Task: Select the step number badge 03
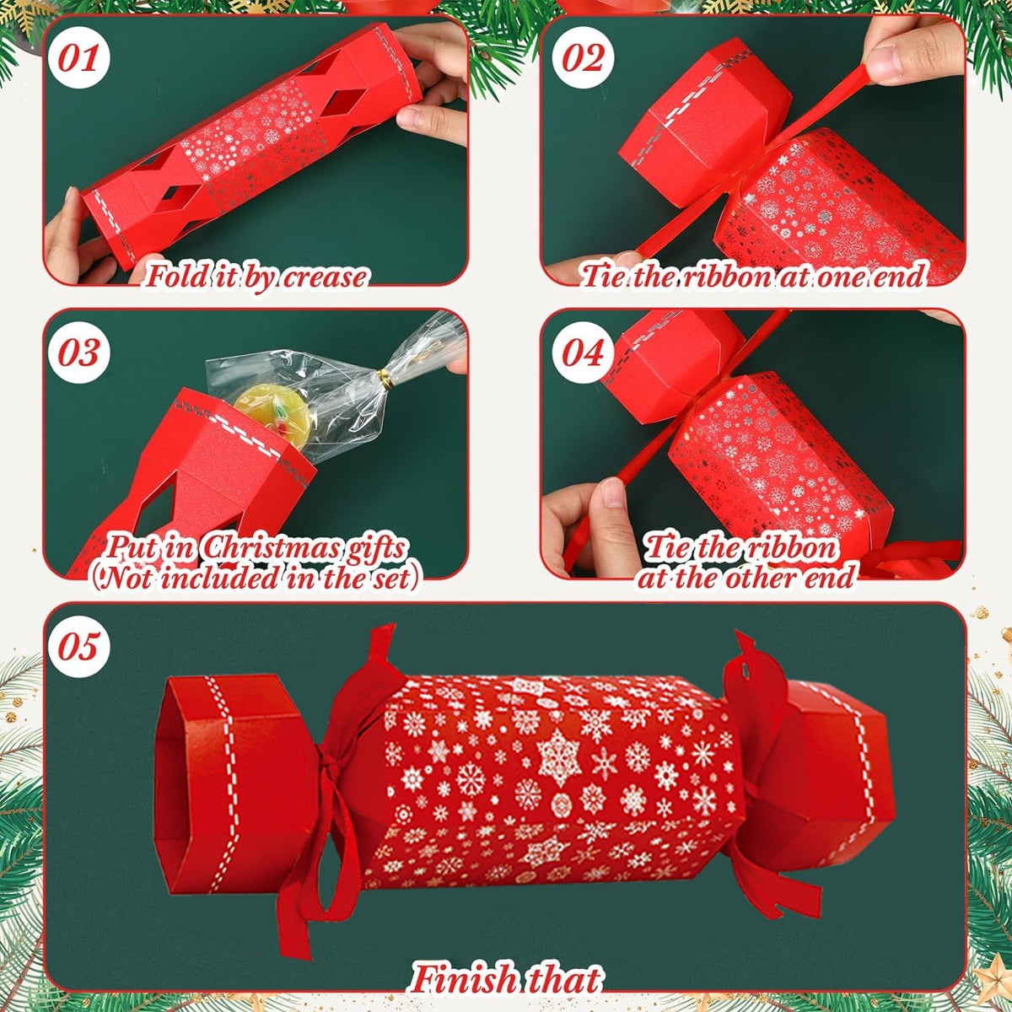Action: click(79, 353)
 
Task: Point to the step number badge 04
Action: click(584, 353)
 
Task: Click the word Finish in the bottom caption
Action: click(464, 980)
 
